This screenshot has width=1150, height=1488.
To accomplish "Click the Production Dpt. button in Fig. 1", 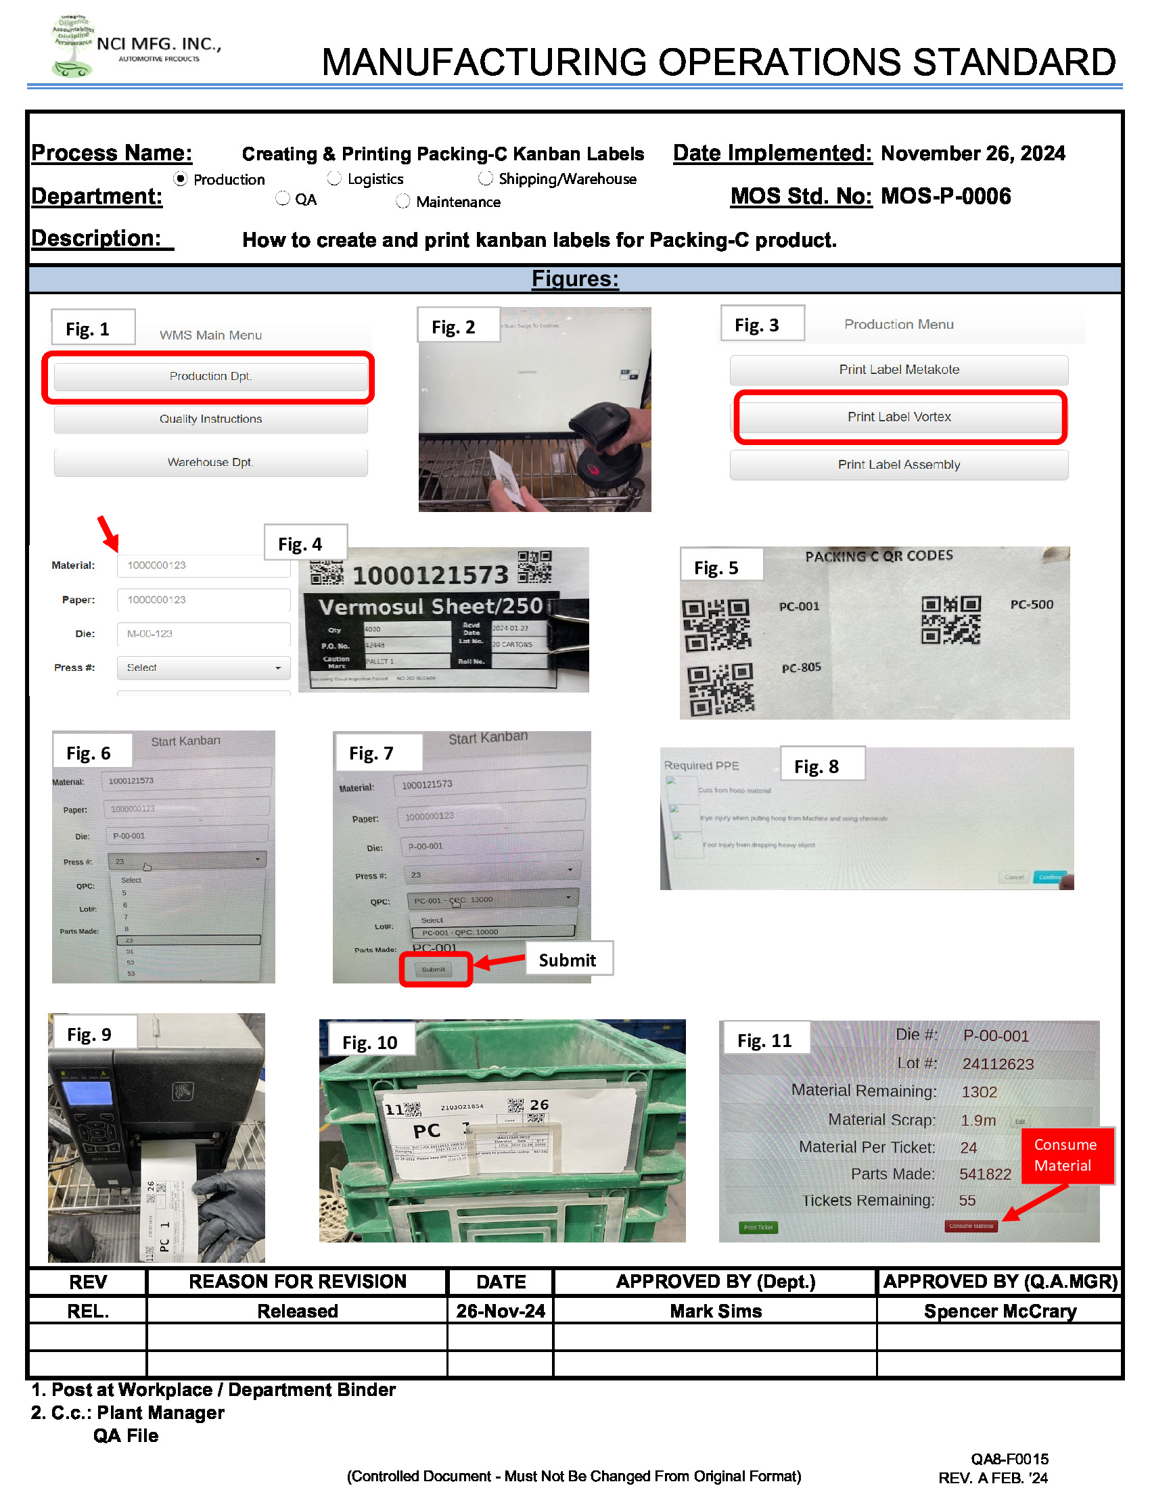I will pos(210,377).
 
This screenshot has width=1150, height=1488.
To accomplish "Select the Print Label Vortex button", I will pos(898,417).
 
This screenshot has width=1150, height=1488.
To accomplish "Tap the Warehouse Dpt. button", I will pos(210,463).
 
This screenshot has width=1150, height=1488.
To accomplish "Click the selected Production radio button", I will pos(181,179).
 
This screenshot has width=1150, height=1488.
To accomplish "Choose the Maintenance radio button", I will pos(403,202).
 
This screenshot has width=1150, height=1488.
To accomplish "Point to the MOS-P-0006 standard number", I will pos(945,197).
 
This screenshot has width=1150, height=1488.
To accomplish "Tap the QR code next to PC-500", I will pos(950,620).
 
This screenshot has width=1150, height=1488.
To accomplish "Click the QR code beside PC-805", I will pos(720,689).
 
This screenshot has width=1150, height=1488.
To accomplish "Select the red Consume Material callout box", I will pos(1066,1155).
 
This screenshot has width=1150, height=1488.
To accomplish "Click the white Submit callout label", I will pos(568,960).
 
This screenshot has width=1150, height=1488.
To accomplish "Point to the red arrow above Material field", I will pos(108,534).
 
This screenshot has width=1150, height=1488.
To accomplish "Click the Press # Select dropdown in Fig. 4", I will pos(204,668).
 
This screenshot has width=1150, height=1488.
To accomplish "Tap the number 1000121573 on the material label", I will pos(430,576).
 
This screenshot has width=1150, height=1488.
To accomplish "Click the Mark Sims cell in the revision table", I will pos(715,1311).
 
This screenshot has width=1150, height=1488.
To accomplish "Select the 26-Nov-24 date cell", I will pos(501,1311).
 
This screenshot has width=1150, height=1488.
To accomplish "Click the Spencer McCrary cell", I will pos(999,1311).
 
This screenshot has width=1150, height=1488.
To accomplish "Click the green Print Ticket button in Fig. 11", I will pos(758,1228).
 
